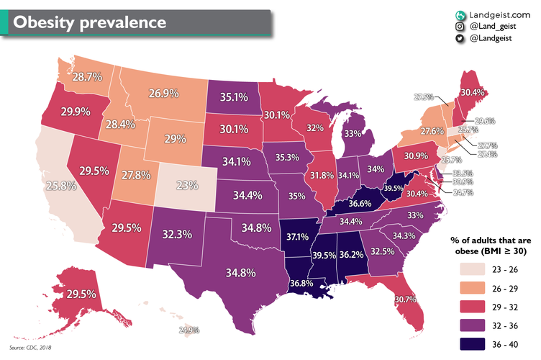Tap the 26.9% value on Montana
coord(163,93)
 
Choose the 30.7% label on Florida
coord(405,300)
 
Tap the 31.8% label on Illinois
coord(322,175)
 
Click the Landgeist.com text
coord(499,14)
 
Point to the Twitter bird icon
coord(460,40)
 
